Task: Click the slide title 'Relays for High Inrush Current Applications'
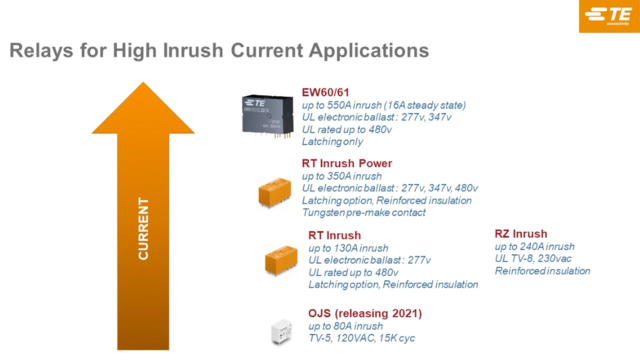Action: click(x=219, y=50)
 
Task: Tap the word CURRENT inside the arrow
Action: click(x=143, y=229)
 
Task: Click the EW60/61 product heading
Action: click(x=325, y=92)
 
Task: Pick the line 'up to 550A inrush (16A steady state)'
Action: click(x=383, y=105)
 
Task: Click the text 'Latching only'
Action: click(x=332, y=141)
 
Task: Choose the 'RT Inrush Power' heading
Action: click(x=346, y=163)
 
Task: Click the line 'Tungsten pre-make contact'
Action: click(x=363, y=212)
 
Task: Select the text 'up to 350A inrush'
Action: click(x=341, y=176)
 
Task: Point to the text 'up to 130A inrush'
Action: click(x=348, y=248)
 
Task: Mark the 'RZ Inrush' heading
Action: click(x=520, y=234)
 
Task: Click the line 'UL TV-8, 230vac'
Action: click(x=533, y=258)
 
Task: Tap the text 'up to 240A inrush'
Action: click(x=534, y=246)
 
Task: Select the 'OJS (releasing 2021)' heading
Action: click(x=365, y=313)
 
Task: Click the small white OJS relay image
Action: click(x=283, y=331)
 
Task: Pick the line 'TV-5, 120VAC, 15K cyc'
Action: click(x=361, y=338)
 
